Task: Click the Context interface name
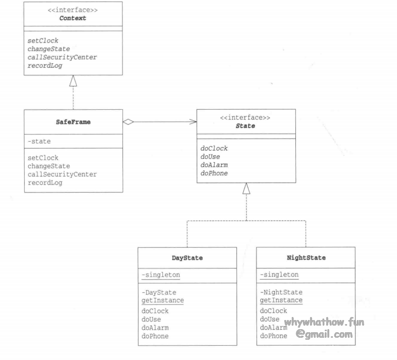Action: pyautogui.click(x=73, y=18)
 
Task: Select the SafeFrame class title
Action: pyautogui.click(x=73, y=122)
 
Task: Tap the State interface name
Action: pyautogui.click(x=245, y=126)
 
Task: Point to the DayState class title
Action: pyautogui.click(x=187, y=258)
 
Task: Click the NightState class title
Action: pyautogui.click(x=305, y=258)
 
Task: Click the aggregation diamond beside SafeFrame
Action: pyautogui.click(x=128, y=121)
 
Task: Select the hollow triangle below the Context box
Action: pyautogui.click(x=73, y=80)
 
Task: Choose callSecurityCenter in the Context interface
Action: pyautogui.click(x=63, y=57)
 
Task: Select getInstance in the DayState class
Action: pyautogui.click(x=162, y=300)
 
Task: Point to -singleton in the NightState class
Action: pyautogui.click(x=279, y=275)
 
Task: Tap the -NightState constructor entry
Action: pyautogui.click(x=281, y=292)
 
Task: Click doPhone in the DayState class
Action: pyautogui.click(x=155, y=336)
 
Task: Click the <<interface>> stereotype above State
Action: pyautogui.click(x=245, y=117)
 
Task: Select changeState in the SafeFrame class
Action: pyautogui.click(x=49, y=166)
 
